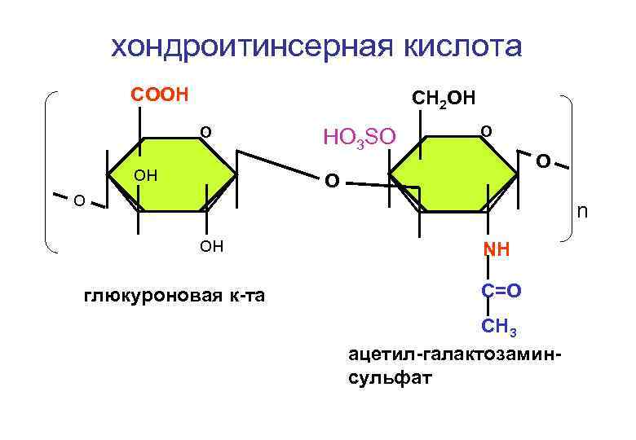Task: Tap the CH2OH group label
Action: click(442, 99)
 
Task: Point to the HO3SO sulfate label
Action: click(360, 137)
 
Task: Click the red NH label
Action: click(496, 249)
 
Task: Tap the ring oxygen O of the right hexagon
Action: click(486, 130)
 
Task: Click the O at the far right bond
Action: click(541, 161)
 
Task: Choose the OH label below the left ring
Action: click(211, 247)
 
